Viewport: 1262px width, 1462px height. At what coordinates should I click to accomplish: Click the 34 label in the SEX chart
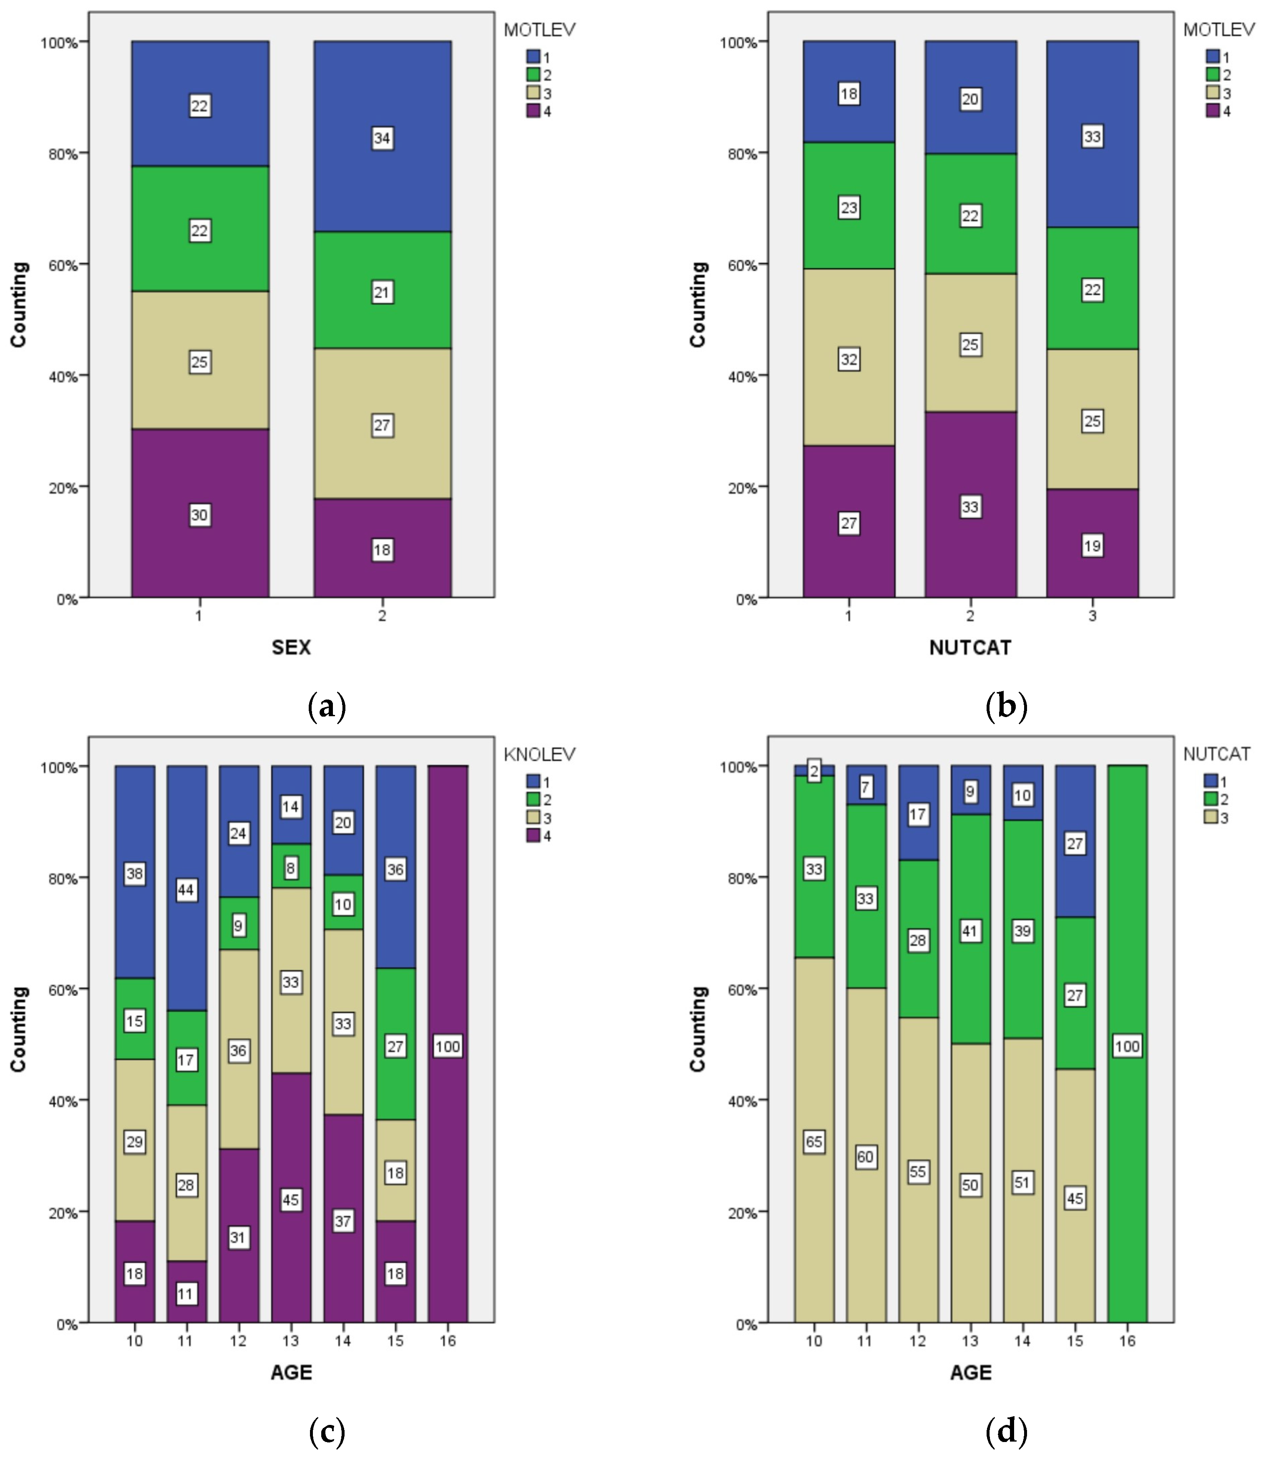pyautogui.click(x=382, y=139)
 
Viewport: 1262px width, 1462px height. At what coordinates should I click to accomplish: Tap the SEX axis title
pyautogui.click(x=291, y=647)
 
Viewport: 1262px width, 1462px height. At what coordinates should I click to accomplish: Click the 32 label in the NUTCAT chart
pyautogui.click(x=849, y=360)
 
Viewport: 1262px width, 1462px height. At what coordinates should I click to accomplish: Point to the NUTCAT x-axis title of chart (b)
pyautogui.click(x=970, y=647)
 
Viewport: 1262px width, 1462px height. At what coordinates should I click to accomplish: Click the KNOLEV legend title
pyautogui.click(x=539, y=754)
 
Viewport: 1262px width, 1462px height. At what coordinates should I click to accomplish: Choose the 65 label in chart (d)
pyautogui.click(x=814, y=1141)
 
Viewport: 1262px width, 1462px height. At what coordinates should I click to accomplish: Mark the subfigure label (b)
pyautogui.click(x=1006, y=706)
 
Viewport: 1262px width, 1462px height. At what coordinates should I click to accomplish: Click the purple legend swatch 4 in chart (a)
pyautogui.click(x=533, y=111)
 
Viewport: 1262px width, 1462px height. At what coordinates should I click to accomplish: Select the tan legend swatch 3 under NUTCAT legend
pyautogui.click(x=1210, y=818)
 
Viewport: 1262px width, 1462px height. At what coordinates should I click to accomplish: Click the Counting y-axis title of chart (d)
pyautogui.click(x=698, y=1028)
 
